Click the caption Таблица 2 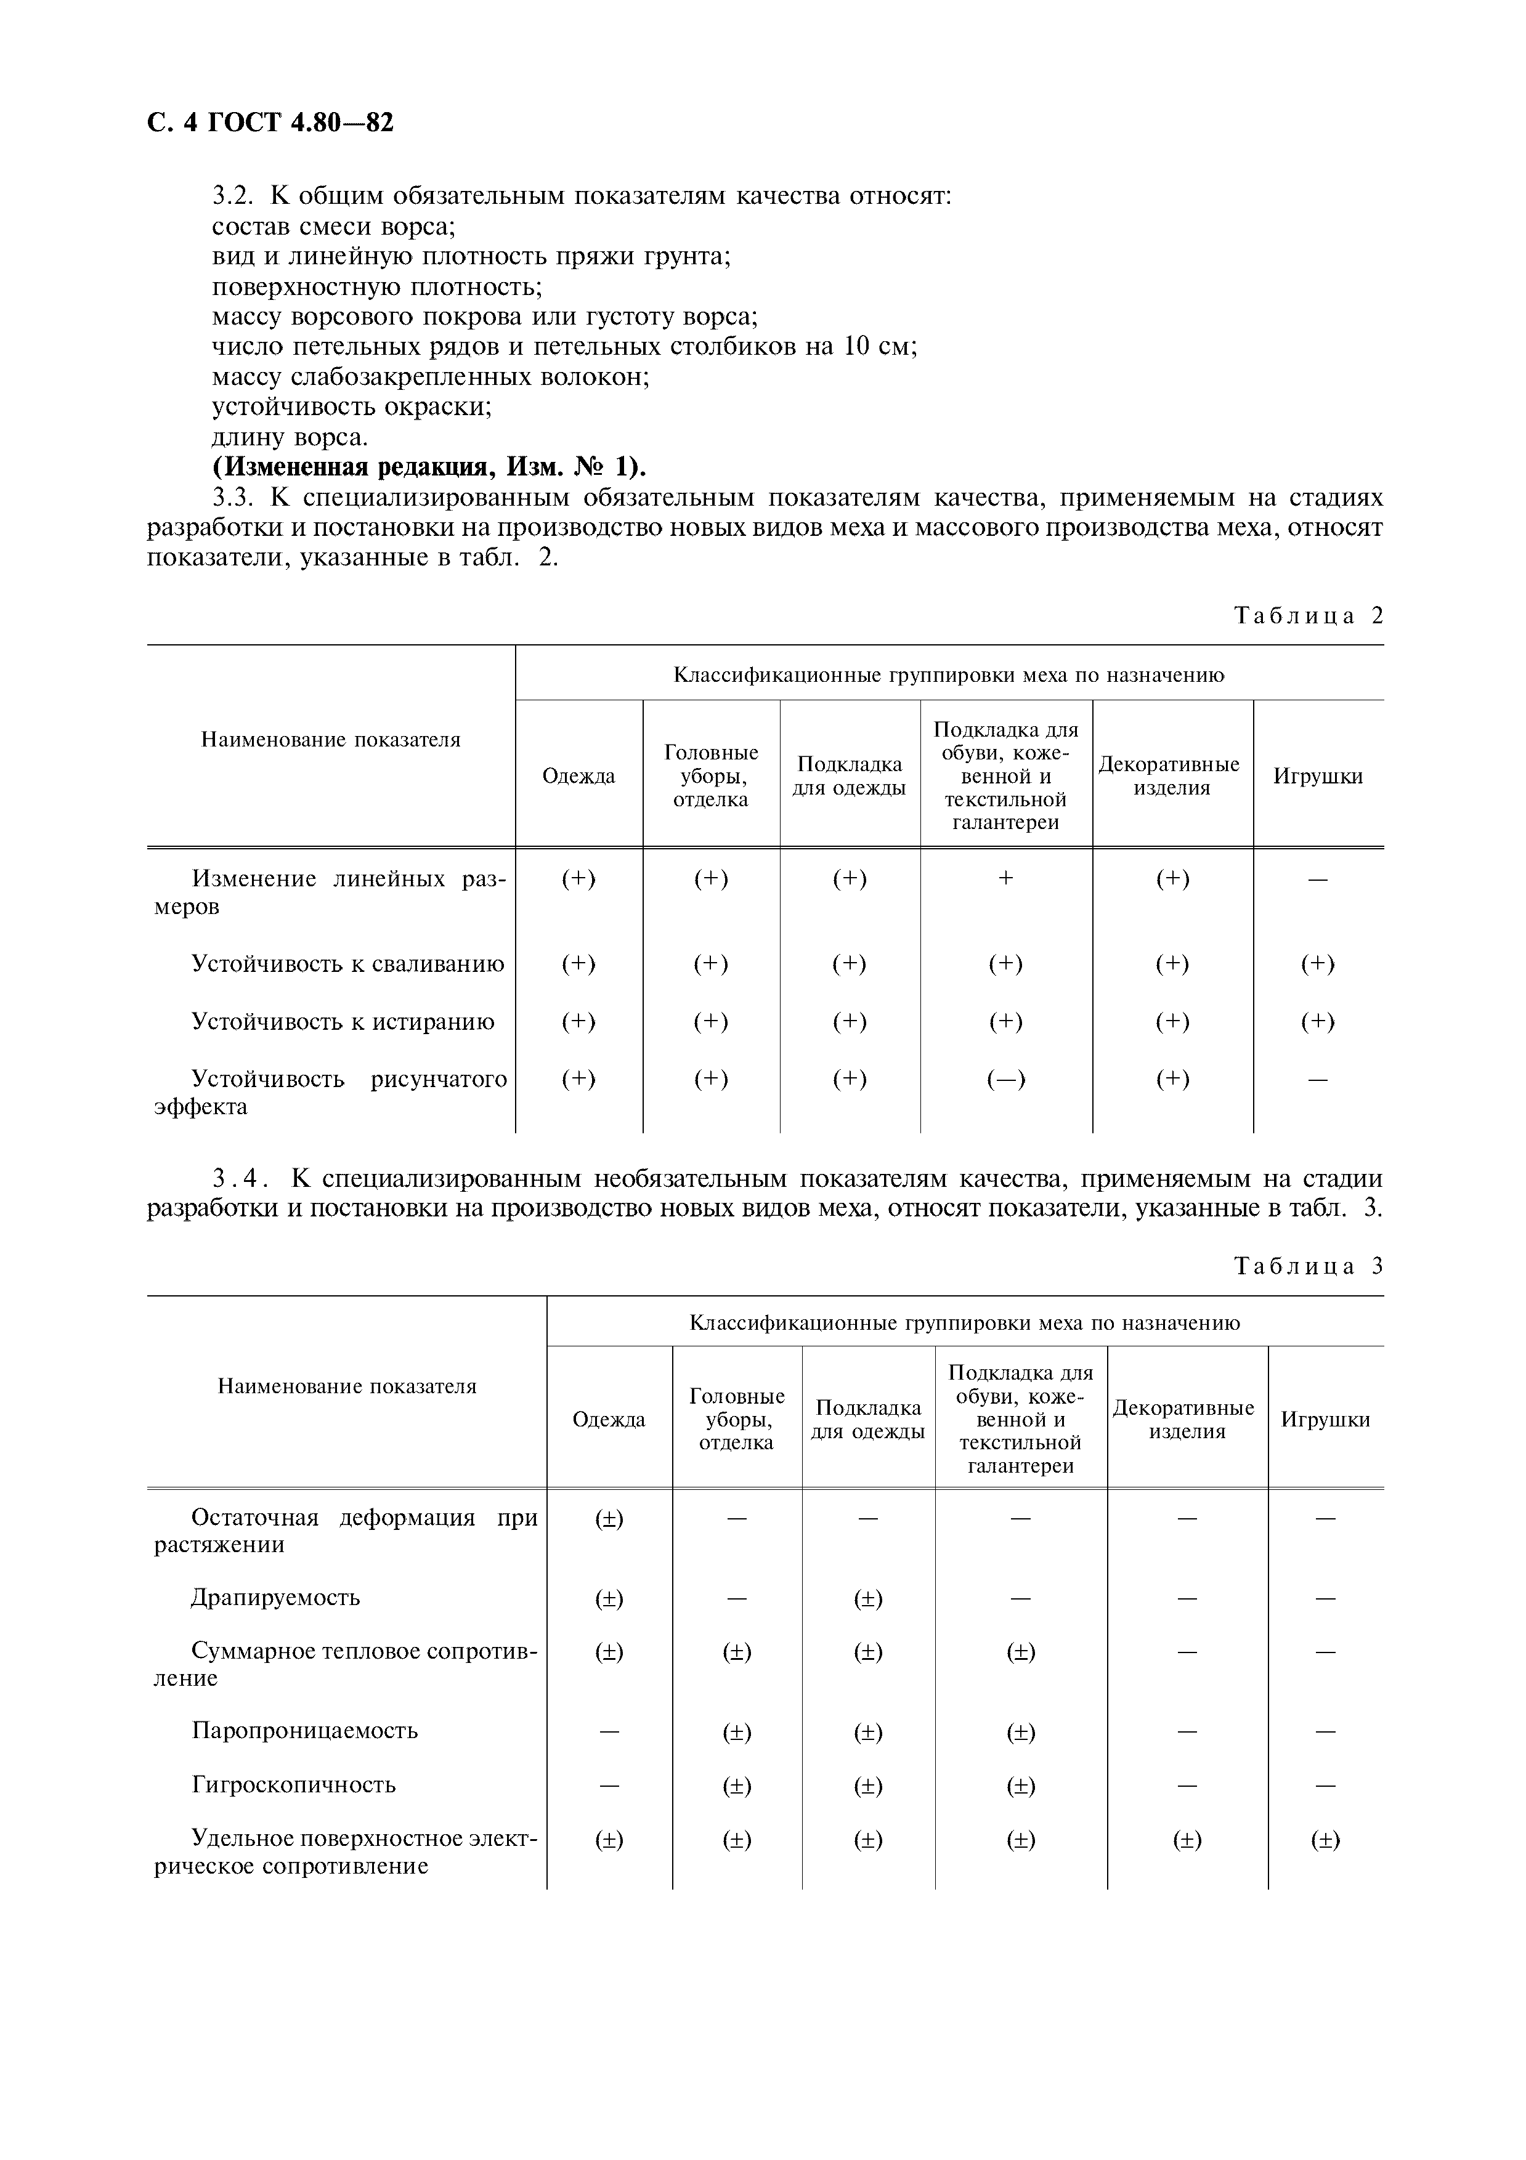click(1308, 616)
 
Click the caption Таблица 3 click(1308, 1266)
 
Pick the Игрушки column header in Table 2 click(1317, 776)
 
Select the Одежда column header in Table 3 click(609, 1420)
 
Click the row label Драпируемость click(275, 1598)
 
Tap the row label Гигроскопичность click(293, 1785)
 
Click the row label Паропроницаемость click(304, 1731)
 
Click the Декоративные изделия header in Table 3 click(1187, 1420)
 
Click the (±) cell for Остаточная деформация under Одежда click(609, 1518)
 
